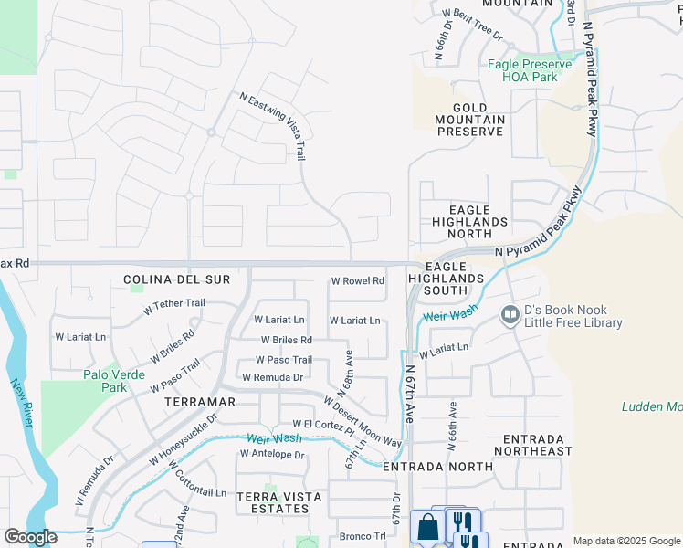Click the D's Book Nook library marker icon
(510, 316)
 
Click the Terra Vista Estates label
(278, 502)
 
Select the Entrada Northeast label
(532, 445)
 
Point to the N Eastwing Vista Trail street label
(272, 126)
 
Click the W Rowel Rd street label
(357, 281)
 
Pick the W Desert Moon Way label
(362, 421)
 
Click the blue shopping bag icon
(426, 527)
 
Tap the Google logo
(30, 537)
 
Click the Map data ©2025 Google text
(625, 541)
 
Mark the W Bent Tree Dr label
(472, 26)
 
